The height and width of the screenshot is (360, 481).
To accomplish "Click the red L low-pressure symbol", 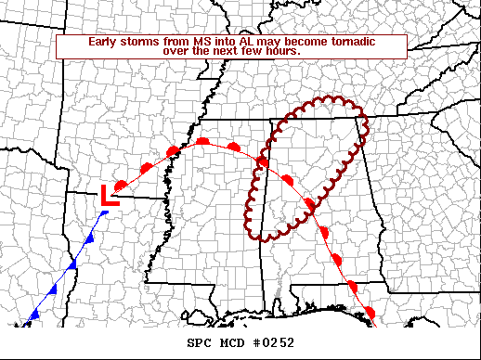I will click(109, 195).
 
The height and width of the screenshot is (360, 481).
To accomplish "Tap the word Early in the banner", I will click(105, 42).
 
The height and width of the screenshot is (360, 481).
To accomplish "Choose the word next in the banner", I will click(222, 51).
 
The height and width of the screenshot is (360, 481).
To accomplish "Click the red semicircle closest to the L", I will click(121, 182).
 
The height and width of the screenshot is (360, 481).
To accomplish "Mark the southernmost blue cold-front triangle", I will click(34, 315).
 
